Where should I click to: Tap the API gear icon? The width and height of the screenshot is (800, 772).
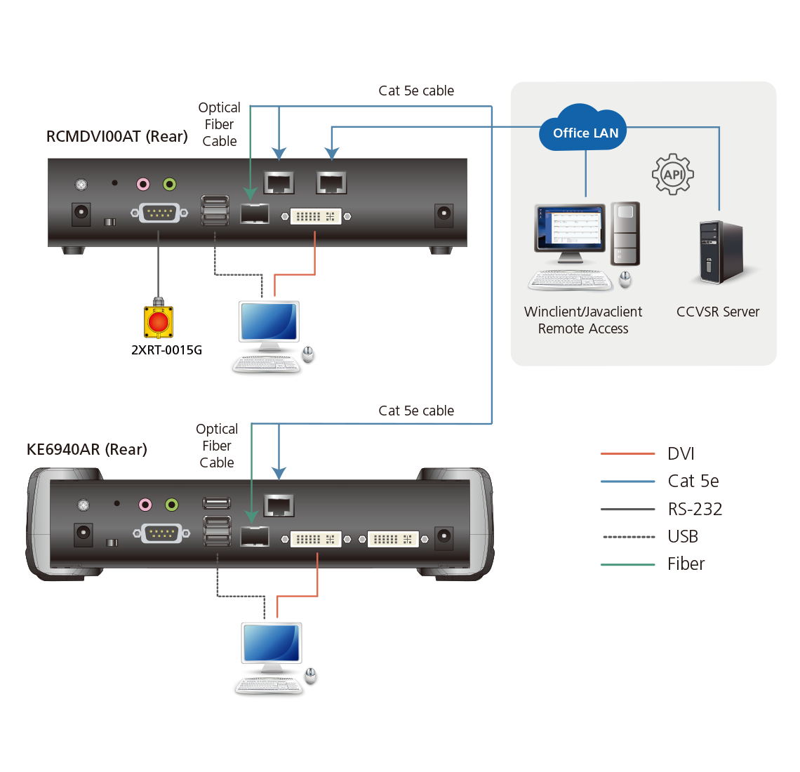pyautogui.click(x=673, y=174)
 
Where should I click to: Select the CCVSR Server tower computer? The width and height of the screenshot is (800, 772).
pyautogui.click(x=721, y=252)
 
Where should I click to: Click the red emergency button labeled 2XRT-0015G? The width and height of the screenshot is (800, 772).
pyautogui.click(x=158, y=321)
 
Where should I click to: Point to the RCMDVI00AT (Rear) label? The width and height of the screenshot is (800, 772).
pyautogui.click(x=116, y=136)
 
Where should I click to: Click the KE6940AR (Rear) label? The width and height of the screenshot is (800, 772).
pyautogui.click(x=87, y=449)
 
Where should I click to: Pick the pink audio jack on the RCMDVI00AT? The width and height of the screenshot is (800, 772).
pyautogui.click(x=143, y=184)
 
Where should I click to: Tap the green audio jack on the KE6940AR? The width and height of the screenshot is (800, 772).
pyautogui.click(x=172, y=505)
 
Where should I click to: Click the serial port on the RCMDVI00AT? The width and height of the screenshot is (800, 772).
pyautogui.click(x=159, y=213)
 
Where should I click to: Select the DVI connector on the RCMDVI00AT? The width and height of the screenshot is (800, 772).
pyautogui.click(x=316, y=216)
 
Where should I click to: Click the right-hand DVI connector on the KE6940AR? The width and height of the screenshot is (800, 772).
pyautogui.click(x=393, y=539)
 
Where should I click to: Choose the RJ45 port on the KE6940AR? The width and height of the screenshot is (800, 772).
pyautogui.click(x=279, y=505)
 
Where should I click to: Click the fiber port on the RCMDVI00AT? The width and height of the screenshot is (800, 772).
pyautogui.click(x=255, y=214)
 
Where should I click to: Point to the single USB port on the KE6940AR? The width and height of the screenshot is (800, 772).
pyautogui.click(x=217, y=503)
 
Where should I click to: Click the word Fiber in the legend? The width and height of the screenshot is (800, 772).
pyautogui.click(x=686, y=564)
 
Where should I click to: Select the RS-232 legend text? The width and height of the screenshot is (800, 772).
pyautogui.click(x=695, y=509)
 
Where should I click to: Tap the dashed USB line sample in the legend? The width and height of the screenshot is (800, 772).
pyautogui.click(x=629, y=537)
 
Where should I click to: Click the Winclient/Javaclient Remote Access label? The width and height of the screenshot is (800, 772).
pyautogui.click(x=583, y=320)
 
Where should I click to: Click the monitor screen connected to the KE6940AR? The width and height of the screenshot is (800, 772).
pyautogui.click(x=271, y=642)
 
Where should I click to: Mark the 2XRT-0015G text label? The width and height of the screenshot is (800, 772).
pyautogui.click(x=166, y=350)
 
